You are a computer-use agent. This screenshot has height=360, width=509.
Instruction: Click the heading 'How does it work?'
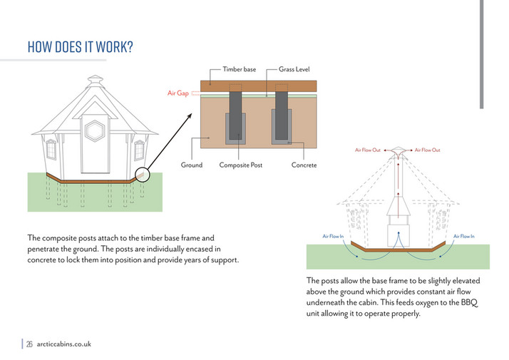80,47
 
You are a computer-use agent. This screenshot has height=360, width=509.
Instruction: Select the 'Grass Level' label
294,69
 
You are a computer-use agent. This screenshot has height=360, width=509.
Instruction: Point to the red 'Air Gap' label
178,93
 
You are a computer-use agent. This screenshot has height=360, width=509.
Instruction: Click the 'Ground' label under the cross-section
192,165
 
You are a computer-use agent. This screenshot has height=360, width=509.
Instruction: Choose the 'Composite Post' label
241,165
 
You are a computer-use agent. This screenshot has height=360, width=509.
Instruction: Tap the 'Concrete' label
304,165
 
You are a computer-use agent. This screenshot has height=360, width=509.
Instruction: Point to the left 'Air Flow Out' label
368,150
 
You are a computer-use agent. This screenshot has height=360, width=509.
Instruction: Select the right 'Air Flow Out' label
428,150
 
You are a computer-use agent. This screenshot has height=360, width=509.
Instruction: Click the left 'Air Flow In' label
333,236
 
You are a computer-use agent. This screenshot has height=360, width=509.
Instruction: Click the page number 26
30,344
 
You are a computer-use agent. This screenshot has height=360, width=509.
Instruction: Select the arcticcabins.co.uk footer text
64,344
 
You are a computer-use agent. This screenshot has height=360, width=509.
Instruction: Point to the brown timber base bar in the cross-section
257,86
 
